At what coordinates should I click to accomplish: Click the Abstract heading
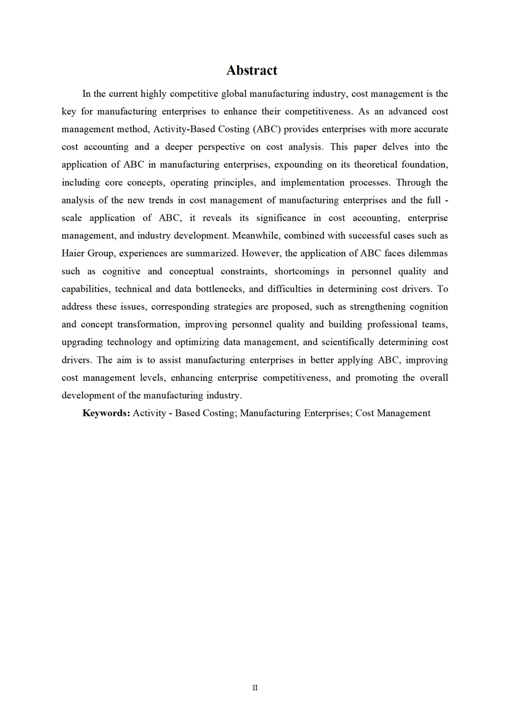tap(252, 70)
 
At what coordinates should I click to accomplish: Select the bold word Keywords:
tap(106, 413)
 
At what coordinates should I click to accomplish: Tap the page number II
tap(255, 688)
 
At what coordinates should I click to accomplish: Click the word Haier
tap(73, 253)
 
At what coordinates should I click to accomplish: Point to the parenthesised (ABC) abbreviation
tap(268, 129)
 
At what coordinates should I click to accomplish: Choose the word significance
tap(281, 218)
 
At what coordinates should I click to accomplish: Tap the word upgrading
tap(81, 342)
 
